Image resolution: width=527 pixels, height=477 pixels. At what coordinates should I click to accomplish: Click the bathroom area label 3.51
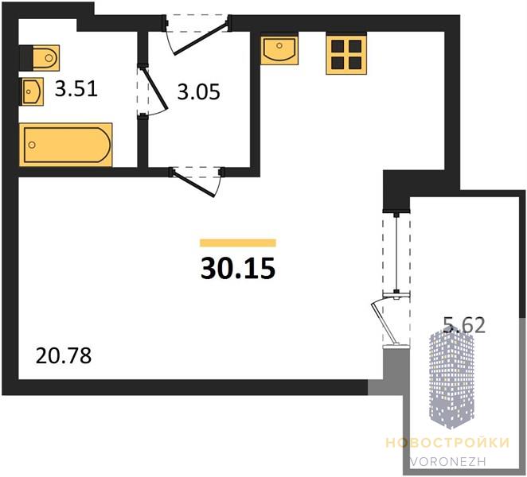point(76,89)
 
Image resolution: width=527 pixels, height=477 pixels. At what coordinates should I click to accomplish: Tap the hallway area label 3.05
point(199,91)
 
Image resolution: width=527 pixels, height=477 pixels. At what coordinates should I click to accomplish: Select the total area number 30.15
point(238,269)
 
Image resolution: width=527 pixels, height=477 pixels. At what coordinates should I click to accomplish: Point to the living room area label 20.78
point(64,356)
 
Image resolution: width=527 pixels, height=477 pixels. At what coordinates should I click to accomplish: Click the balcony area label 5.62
point(464,325)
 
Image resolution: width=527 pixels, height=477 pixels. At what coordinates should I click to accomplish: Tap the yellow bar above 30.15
point(238,242)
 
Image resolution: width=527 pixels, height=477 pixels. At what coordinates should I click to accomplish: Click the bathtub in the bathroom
point(65,145)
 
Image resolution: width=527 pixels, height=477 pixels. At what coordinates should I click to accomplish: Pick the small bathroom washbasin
point(33,91)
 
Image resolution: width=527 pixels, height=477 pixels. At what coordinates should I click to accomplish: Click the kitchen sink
point(279,49)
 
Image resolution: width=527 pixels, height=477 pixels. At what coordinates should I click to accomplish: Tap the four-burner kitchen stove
point(346,54)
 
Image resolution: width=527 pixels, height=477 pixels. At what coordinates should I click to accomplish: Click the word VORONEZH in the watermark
point(447,461)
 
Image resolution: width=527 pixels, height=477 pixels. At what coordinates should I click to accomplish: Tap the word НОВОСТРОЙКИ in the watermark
point(447,443)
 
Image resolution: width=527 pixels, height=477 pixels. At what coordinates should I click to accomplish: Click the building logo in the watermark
point(451,380)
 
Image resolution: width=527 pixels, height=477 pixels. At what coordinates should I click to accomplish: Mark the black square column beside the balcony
point(396,190)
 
